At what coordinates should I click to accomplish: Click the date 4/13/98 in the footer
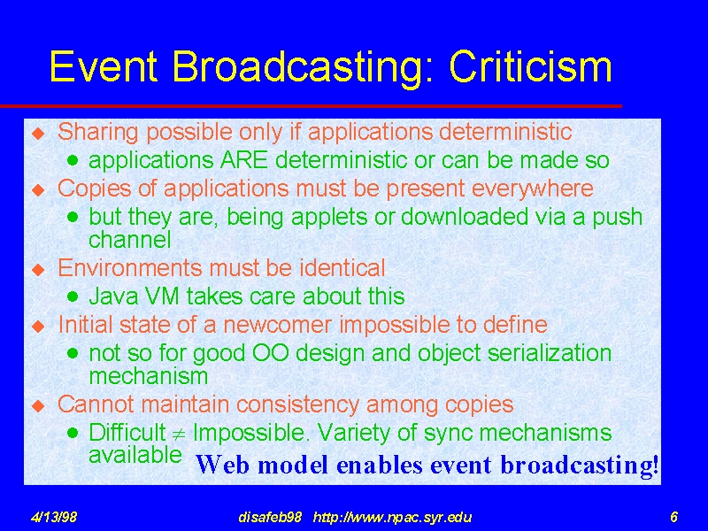click(x=53, y=516)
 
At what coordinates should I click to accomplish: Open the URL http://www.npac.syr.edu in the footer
click(x=392, y=517)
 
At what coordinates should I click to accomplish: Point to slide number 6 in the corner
click(x=673, y=516)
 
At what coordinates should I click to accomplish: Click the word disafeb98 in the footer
click(x=270, y=517)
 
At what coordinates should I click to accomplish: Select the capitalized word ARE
click(x=244, y=160)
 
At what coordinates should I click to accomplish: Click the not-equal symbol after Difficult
click(x=179, y=434)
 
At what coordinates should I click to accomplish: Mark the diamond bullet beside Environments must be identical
click(x=39, y=270)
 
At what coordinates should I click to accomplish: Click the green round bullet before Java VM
click(x=73, y=296)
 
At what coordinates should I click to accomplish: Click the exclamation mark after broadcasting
click(x=655, y=465)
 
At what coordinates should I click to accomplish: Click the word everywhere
click(x=533, y=189)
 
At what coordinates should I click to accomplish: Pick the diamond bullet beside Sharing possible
click(x=39, y=134)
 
